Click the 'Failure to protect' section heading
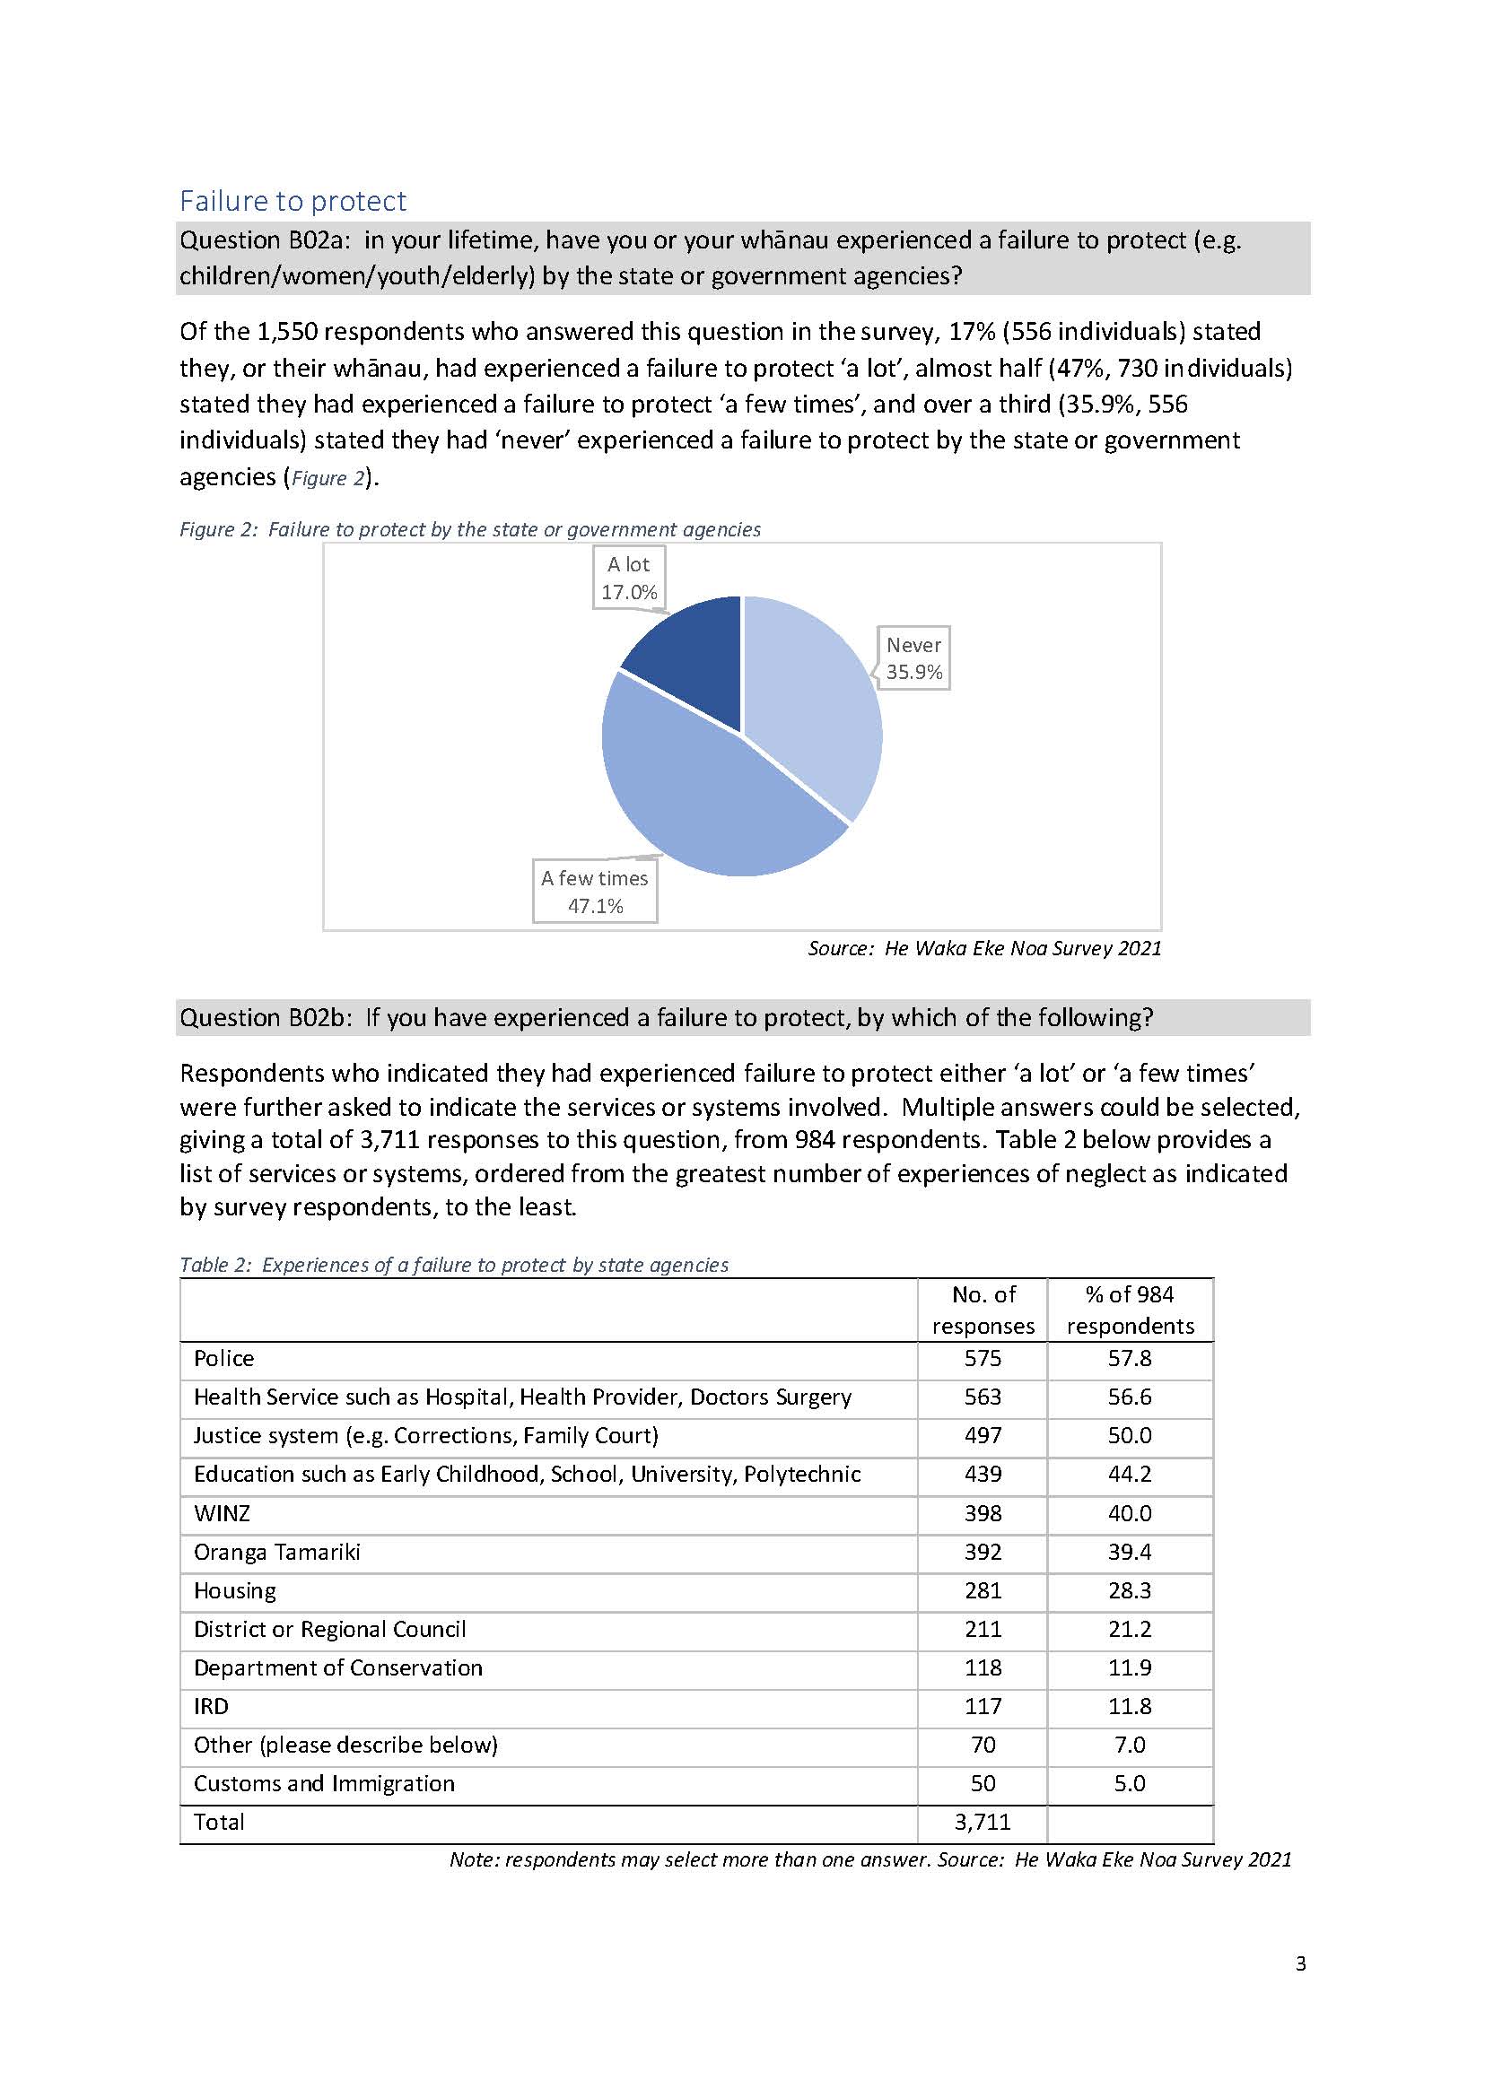[293, 201]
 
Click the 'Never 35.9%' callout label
[913, 658]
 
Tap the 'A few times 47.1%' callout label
[594, 892]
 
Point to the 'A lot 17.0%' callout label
[628, 578]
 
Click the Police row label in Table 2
[224, 1358]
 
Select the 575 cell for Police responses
[983, 1358]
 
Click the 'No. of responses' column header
[983, 1310]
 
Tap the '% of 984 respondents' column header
[1130, 1310]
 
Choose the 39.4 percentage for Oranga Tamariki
[1130, 1553]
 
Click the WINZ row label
[222, 1514]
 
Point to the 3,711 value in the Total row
[983, 1823]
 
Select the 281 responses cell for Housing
[983, 1591]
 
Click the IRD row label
[211, 1707]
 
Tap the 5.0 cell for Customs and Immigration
[1130, 1783]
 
